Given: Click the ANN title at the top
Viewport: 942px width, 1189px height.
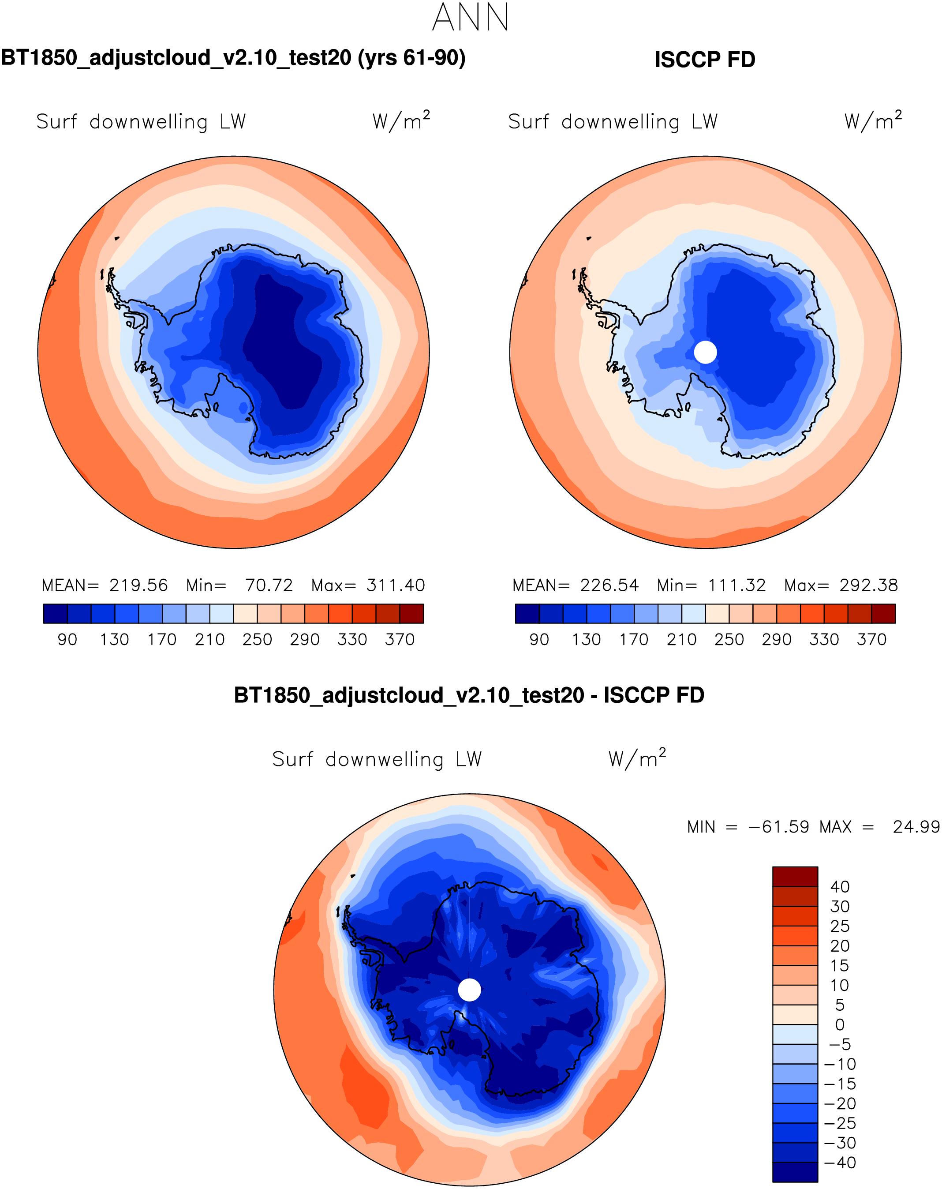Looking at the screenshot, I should click(x=470, y=18).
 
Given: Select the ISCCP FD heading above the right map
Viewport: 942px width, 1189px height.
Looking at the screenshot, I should click(x=704, y=60).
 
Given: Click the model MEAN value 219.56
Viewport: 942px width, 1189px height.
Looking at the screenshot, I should click(x=138, y=585).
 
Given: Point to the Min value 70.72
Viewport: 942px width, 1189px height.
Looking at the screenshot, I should click(x=269, y=585).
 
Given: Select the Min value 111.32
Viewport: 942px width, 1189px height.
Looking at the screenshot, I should click(x=737, y=585).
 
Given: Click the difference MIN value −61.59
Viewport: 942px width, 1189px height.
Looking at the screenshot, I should click(x=779, y=827).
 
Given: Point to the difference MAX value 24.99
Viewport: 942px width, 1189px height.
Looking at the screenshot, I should click(x=916, y=827).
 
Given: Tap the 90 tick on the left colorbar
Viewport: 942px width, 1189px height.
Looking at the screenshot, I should click(x=67, y=640).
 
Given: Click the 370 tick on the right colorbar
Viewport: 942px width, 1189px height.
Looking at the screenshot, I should click(x=871, y=640).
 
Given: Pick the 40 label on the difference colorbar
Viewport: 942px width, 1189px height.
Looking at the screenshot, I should click(x=840, y=887).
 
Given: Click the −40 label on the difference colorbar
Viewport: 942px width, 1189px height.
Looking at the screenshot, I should click(x=840, y=1163).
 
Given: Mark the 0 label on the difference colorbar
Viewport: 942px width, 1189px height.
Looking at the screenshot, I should click(x=840, y=1024).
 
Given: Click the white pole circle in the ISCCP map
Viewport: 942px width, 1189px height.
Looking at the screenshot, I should click(x=705, y=352).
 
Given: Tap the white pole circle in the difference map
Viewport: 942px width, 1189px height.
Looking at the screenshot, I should click(x=470, y=990).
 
